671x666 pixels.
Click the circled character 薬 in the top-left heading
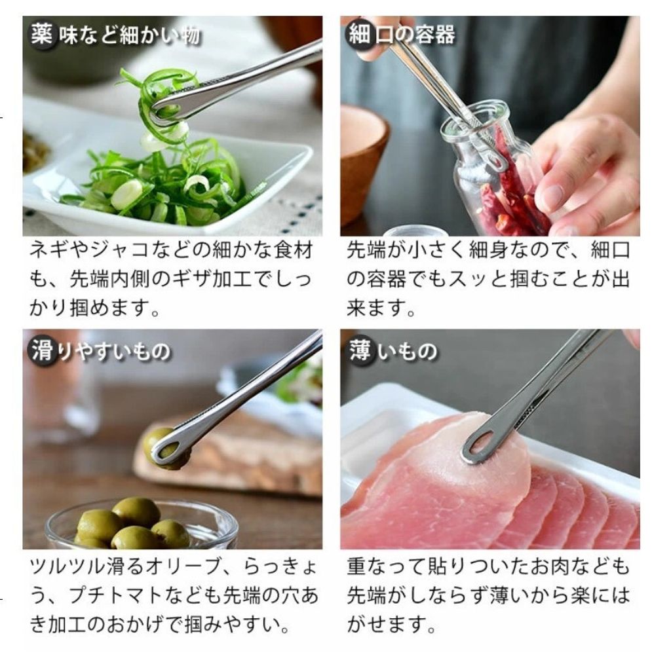(x=41, y=35)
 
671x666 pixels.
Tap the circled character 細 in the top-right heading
(x=360, y=35)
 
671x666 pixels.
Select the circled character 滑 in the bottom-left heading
(x=41, y=352)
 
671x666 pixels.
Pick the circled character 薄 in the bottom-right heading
(x=360, y=352)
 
